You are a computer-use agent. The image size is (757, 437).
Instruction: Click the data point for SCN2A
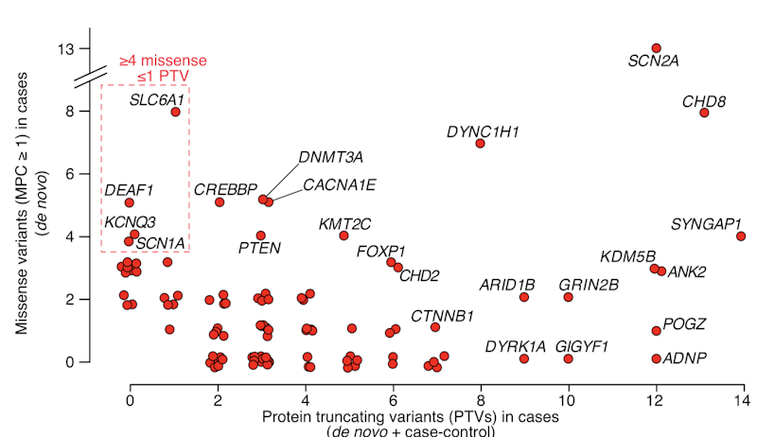[656, 48]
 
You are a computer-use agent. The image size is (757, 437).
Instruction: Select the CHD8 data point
[704, 113]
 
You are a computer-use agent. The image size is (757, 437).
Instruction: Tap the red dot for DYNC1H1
[481, 144]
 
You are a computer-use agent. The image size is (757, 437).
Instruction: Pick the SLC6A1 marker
[175, 112]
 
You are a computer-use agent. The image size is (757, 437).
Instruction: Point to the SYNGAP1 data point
[741, 236]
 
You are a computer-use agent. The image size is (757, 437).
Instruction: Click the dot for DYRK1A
[524, 358]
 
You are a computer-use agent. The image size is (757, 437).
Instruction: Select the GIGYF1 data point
[568, 358]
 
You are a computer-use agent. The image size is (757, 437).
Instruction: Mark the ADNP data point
[656, 358]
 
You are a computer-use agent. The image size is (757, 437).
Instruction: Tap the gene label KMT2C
[345, 224]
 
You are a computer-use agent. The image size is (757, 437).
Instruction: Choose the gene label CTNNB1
[442, 315]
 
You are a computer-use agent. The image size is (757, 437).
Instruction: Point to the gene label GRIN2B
[589, 284]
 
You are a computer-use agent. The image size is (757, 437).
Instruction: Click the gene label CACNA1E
[339, 184]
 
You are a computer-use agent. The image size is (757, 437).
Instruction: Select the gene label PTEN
[259, 249]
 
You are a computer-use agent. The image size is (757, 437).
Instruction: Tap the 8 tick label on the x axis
[481, 401]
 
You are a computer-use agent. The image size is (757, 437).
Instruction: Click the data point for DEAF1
[130, 202]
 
